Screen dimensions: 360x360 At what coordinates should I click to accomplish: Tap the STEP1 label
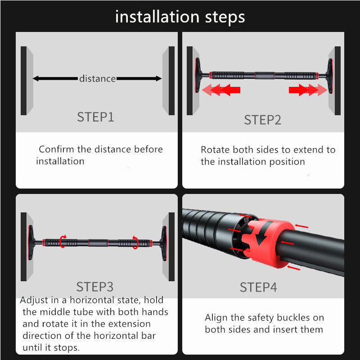[95, 117]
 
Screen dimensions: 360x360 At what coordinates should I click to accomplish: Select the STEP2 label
[262, 120]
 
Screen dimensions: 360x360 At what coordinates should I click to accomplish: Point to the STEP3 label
[95, 287]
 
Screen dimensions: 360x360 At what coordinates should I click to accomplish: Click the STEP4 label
[258, 287]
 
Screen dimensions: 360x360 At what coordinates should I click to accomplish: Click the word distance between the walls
[97, 79]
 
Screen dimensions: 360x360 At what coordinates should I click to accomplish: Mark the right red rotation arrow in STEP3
[135, 242]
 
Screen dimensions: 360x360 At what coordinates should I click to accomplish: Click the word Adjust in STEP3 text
[35, 300]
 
